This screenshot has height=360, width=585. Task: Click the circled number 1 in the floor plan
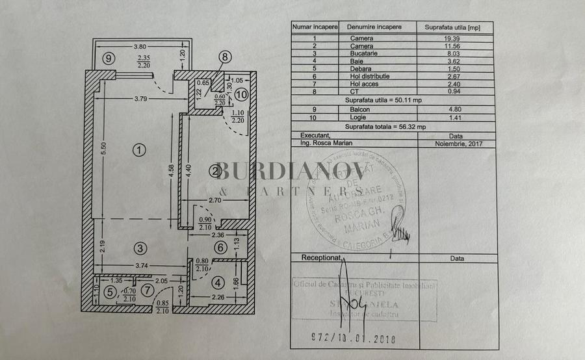click(138, 150)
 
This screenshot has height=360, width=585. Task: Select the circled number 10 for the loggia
click(241, 94)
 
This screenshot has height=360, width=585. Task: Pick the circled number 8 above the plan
click(225, 57)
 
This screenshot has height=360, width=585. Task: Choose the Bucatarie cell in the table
click(373, 54)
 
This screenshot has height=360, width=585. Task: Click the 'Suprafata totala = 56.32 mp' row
click(390, 128)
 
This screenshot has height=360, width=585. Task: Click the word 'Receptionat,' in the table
click(322, 258)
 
